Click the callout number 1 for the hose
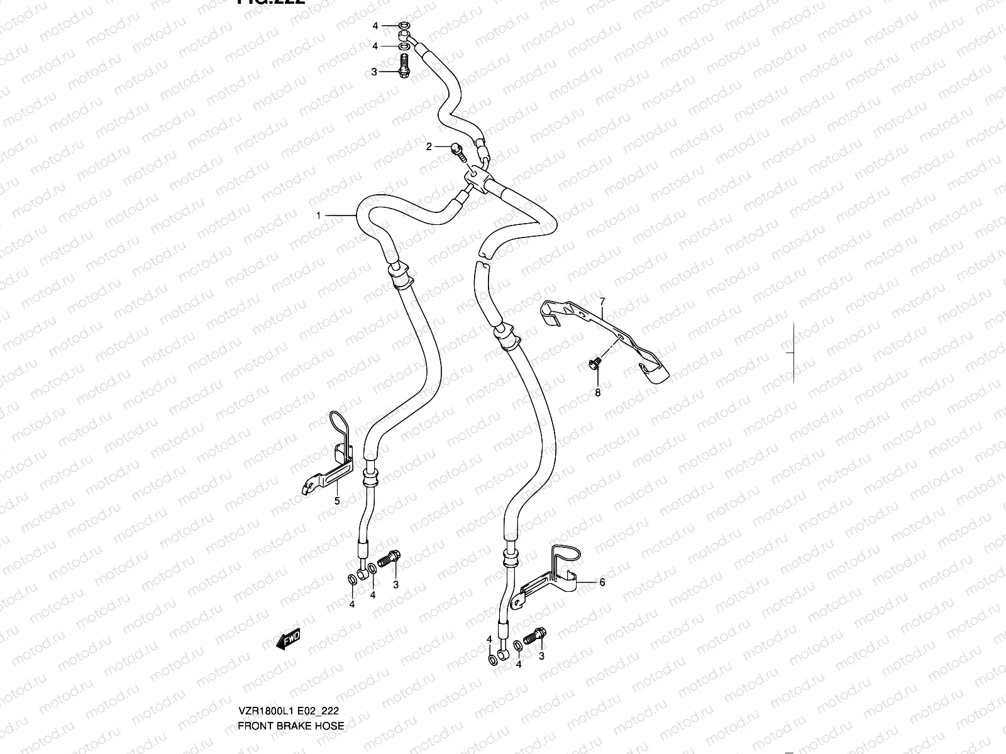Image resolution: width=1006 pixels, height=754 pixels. point(318,216)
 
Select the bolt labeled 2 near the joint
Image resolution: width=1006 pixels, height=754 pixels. point(456,149)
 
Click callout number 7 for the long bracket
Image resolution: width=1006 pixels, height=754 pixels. point(601,302)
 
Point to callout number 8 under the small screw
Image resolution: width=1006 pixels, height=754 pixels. point(597,393)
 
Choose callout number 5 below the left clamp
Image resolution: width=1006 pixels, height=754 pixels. point(336,501)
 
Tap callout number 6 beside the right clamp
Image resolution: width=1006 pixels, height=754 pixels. point(602,582)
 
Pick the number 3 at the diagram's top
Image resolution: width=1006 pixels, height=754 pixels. point(373,72)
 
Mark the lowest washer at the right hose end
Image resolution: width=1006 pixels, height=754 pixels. point(492,660)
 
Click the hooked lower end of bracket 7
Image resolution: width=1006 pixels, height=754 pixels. point(654,374)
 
